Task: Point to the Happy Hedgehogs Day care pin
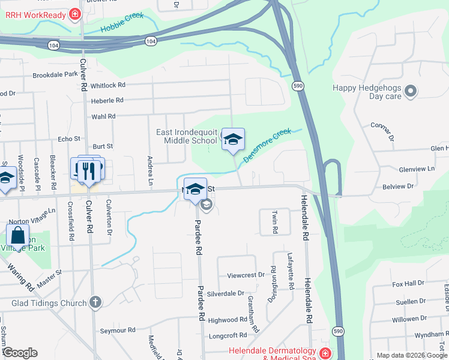(411, 91)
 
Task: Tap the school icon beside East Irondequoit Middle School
(233, 140)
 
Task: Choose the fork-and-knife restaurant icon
(88, 170)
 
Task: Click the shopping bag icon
(17, 235)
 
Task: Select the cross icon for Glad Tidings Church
(95, 302)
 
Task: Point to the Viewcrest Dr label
(246, 275)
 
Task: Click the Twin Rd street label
(275, 222)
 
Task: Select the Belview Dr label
(398, 187)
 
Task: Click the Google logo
(20, 353)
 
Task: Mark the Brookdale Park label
(55, 75)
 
